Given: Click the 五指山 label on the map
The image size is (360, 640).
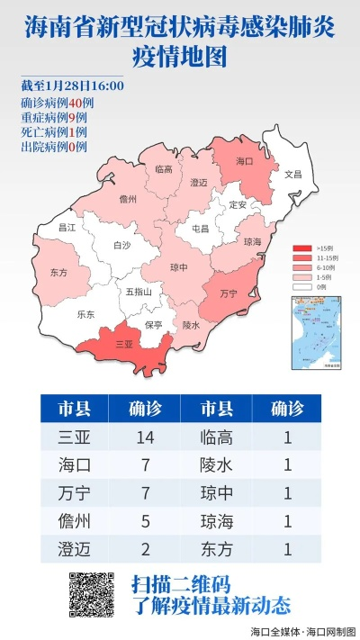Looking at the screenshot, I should tap(138, 292).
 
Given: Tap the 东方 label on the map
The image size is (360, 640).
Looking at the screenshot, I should tap(59, 272).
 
